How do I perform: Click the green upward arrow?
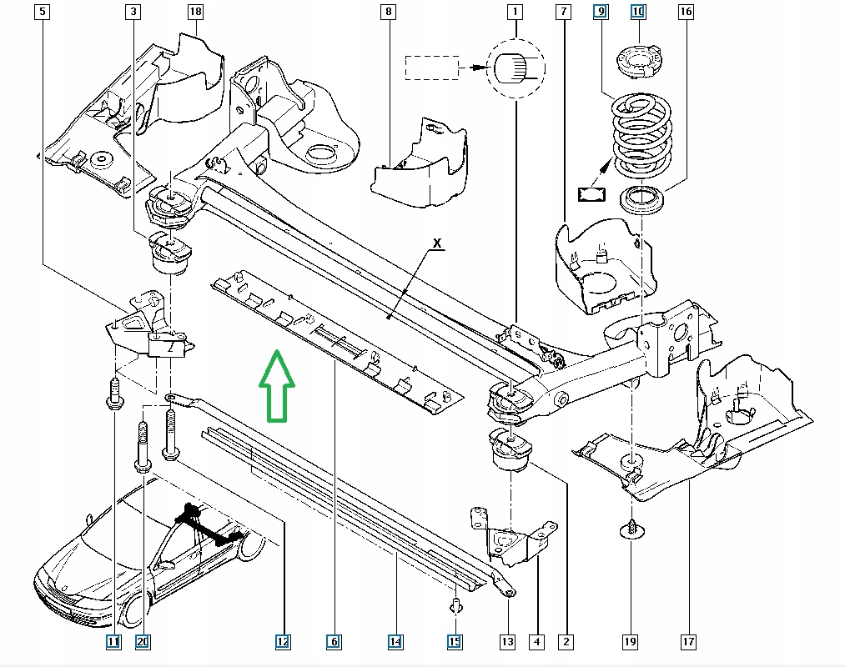point(276,386)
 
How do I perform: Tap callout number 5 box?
point(42,12)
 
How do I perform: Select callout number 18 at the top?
point(195,12)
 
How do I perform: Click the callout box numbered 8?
point(388,12)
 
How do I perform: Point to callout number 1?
point(515,12)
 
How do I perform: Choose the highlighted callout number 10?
point(638,12)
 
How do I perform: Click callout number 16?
point(686,12)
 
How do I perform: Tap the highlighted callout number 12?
point(283,642)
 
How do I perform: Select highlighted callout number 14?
point(395,642)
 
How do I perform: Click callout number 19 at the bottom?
point(630,642)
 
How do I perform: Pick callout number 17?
point(688,642)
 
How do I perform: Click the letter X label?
point(437,243)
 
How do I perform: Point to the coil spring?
point(641,136)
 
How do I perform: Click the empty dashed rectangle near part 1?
point(432,68)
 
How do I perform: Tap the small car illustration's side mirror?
point(167,565)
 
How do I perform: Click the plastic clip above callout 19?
point(632,529)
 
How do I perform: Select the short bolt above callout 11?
point(114,394)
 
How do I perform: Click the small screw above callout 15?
point(456,606)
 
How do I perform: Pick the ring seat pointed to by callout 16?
point(642,200)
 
